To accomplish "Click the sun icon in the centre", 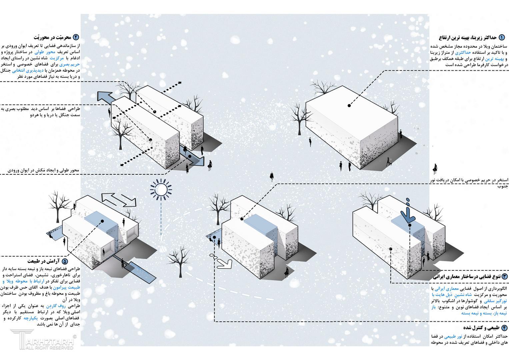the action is tap(161, 189).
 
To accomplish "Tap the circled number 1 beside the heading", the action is tap(502, 37).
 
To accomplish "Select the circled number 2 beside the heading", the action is tap(76, 37).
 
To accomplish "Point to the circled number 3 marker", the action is tap(504, 277).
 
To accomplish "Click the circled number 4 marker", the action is tap(504, 328).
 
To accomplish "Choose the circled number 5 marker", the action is tap(65, 261).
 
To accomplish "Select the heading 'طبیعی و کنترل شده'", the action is tap(482, 328).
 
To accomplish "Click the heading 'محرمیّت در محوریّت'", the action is tap(52, 37).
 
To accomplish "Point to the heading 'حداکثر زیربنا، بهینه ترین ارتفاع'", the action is tap(468, 38).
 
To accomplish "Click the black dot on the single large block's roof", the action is tap(349, 105).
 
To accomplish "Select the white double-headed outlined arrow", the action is tap(119, 200).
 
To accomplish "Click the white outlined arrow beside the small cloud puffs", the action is tap(224, 264).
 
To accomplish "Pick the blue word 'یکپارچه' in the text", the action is tap(31, 318).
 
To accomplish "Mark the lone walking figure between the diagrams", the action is tap(272, 177).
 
